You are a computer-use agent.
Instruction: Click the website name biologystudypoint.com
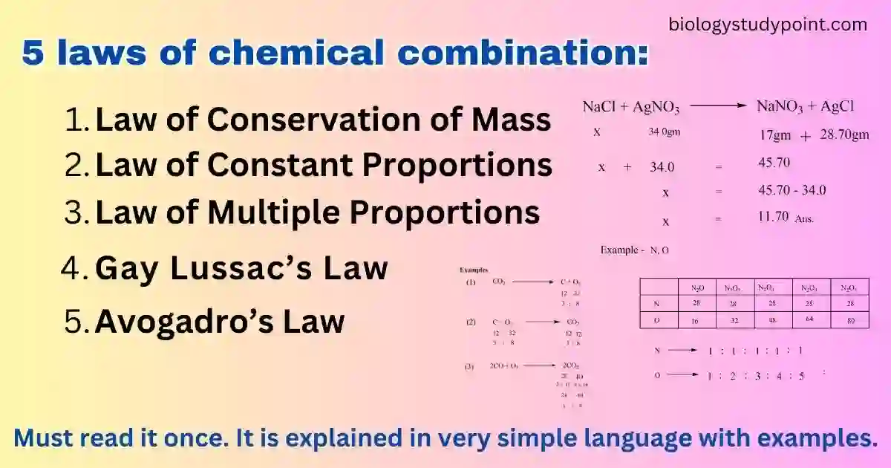click(767, 25)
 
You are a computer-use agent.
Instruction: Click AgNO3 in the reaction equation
click(656, 108)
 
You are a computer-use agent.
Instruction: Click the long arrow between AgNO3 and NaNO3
click(717, 106)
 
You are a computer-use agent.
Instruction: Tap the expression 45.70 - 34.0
click(792, 191)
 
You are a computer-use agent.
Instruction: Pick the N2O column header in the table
click(698, 287)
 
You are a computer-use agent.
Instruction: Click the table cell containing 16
click(698, 320)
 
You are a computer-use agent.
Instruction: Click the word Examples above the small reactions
click(474, 270)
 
